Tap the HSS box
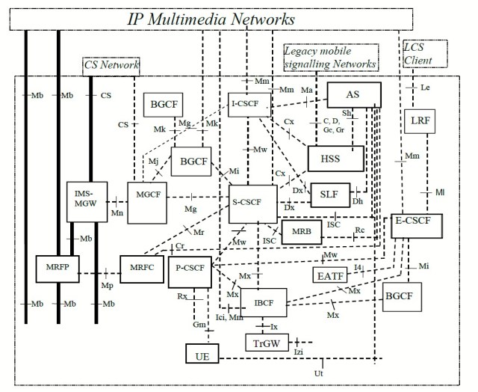[x=335, y=158]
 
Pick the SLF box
[x=329, y=193]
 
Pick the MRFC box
[x=140, y=268]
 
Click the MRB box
[x=301, y=232]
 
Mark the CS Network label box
[x=111, y=66]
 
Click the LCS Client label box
[x=423, y=51]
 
